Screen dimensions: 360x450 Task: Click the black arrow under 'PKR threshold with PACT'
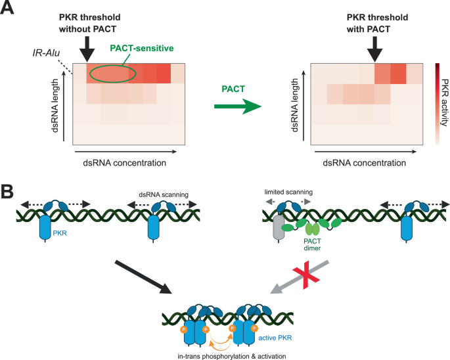pyautogui.click(x=374, y=47)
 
